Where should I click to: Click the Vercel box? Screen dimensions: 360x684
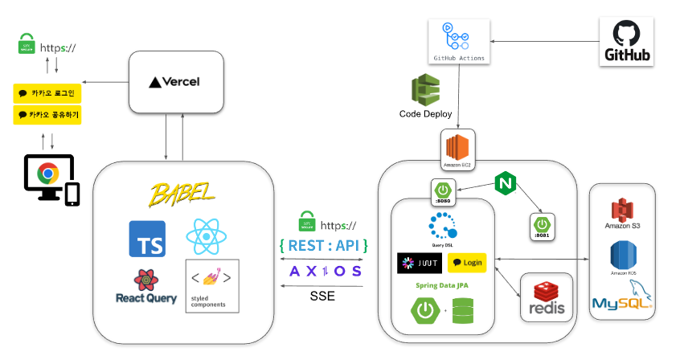pos(175,82)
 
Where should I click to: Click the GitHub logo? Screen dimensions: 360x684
pos(627,43)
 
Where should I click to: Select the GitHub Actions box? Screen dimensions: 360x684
pos(458,41)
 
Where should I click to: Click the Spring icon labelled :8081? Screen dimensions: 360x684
pos(543,224)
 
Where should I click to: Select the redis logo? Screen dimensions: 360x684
pos(547,298)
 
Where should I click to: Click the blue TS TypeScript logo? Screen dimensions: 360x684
pos(147,239)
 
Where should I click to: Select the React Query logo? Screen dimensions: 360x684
pos(145,288)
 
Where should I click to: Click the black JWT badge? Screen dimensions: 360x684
pos(419,263)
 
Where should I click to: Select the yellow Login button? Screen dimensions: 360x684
pos(467,263)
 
